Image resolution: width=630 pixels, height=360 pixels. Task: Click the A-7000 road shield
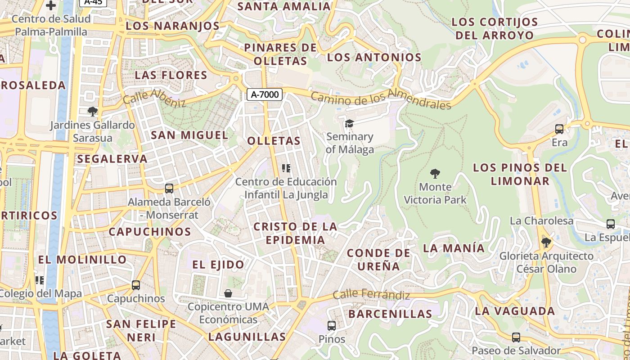coord(265,94)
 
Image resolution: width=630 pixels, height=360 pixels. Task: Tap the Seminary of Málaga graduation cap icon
coord(349,123)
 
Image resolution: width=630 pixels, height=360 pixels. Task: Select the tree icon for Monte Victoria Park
coord(435,173)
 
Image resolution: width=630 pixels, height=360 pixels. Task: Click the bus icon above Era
coord(559,129)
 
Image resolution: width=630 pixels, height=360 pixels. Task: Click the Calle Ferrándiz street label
coord(371,295)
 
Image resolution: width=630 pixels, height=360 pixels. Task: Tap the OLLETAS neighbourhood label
coord(274,141)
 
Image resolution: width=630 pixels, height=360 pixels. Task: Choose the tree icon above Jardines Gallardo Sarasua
coord(92,111)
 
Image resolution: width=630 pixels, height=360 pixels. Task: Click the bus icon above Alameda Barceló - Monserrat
coord(169,189)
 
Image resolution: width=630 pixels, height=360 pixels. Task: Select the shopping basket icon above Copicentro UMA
coord(228,293)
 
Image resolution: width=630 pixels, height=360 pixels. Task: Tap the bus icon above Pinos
coord(332,325)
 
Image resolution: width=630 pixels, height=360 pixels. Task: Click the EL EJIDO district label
coord(218,265)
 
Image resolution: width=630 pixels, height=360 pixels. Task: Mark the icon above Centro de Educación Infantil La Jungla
coord(286,168)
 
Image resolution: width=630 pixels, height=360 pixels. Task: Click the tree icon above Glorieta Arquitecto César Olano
coord(546,243)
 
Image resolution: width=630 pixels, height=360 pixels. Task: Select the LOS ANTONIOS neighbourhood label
coord(374,57)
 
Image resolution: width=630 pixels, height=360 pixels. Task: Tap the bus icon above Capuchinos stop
coord(136,285)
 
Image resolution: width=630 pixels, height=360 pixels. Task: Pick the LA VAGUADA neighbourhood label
coord(515,311)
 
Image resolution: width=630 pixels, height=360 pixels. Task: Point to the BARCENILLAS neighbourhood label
coord(390,314)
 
